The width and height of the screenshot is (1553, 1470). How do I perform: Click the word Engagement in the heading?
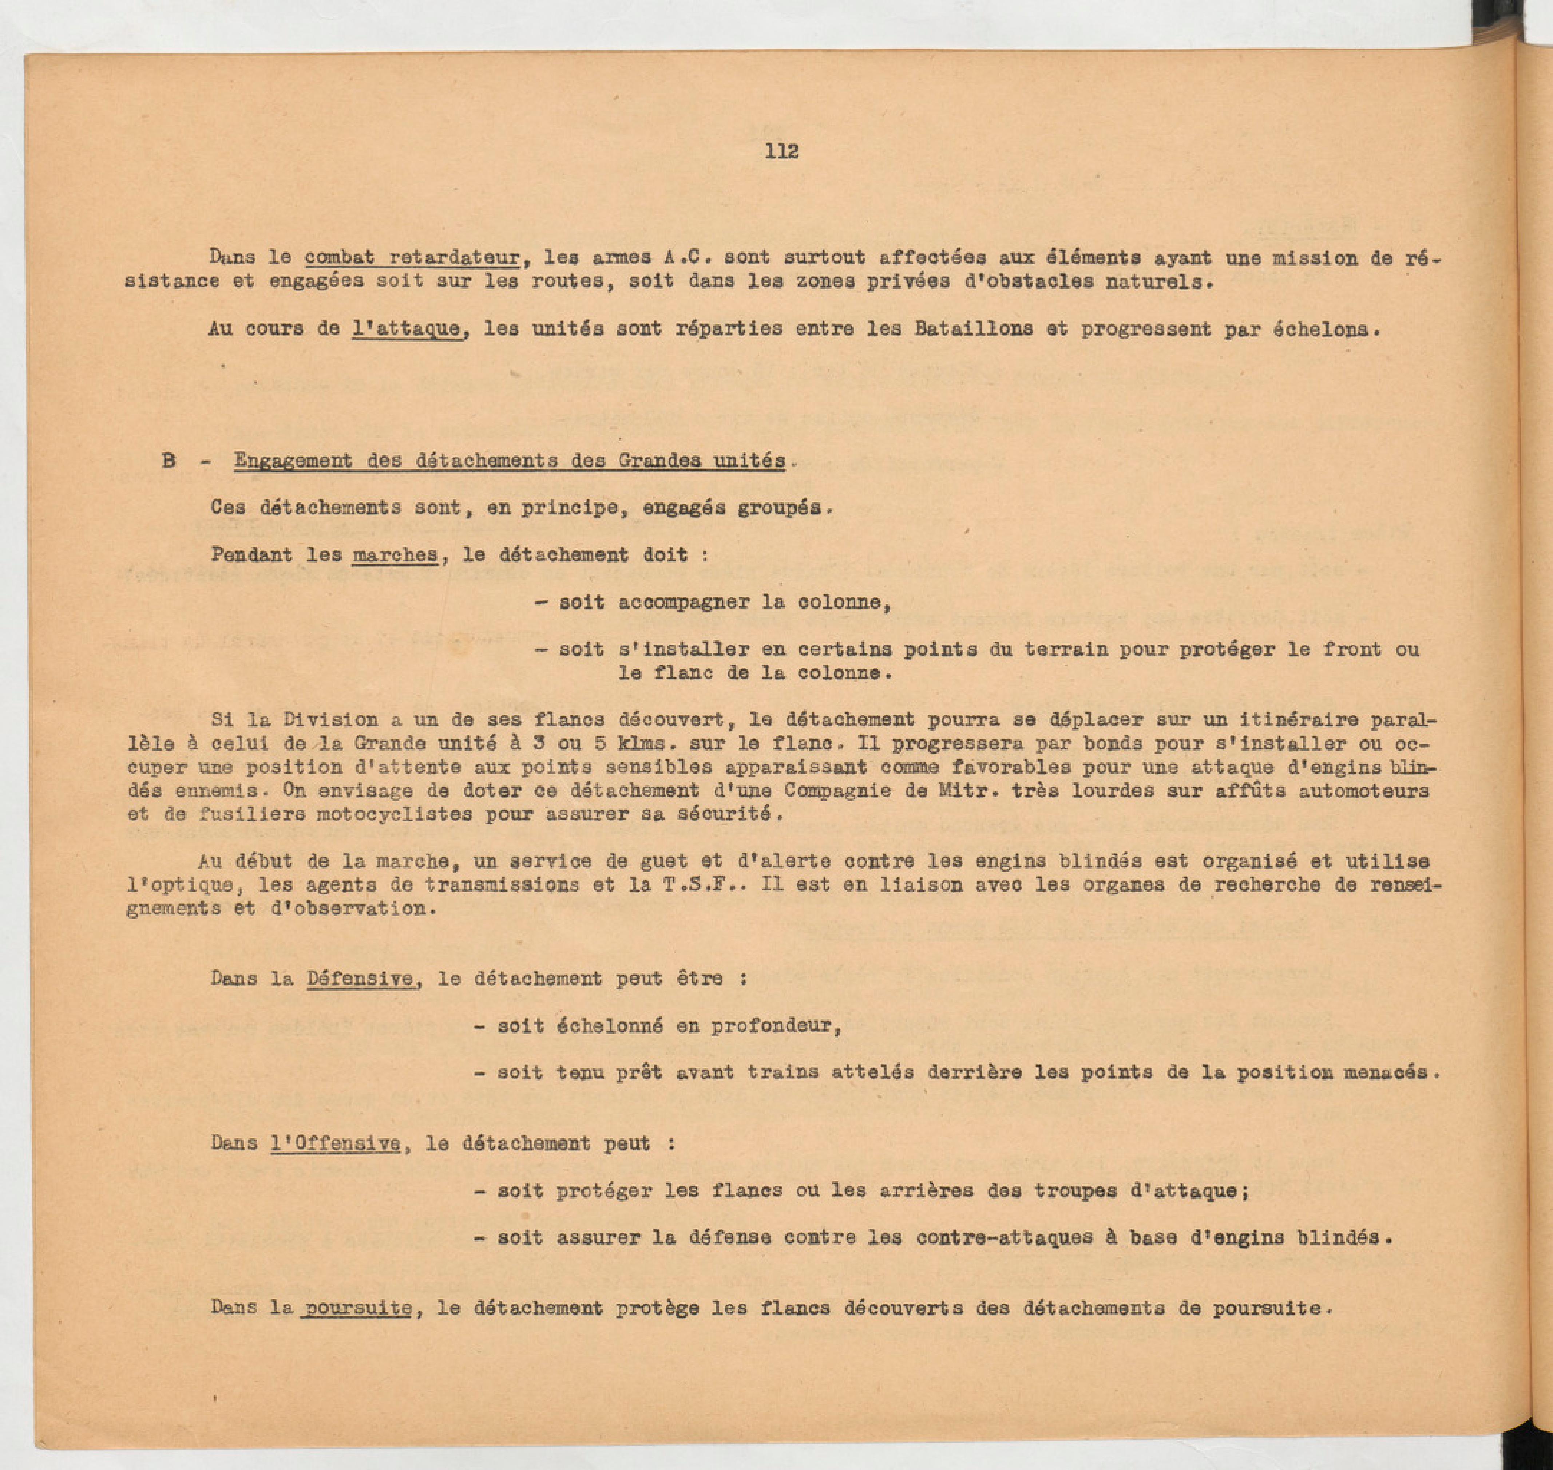293,461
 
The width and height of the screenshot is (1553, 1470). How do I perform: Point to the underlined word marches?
395,555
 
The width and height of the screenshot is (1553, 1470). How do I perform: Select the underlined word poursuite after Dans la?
358,1308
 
